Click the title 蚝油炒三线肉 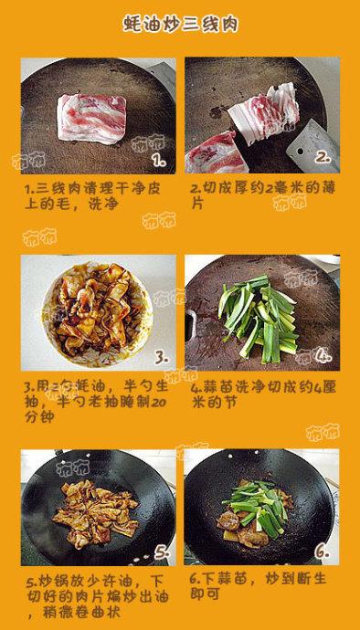[x=179, y=25]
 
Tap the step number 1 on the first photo [x=157, y=161]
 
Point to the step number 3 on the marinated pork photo [x=159, y=357]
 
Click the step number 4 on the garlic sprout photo [x=323, y=355]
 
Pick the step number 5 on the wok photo [x=161, y=552]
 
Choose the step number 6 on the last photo [x=322, y=551]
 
